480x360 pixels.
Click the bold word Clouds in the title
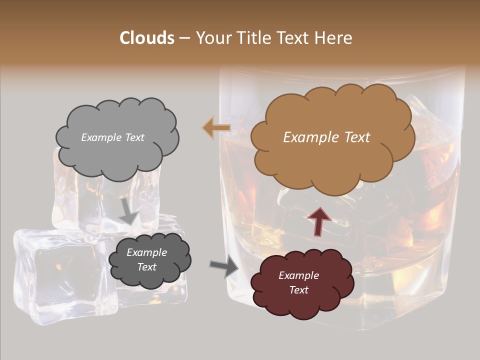146,38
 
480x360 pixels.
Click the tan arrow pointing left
216,128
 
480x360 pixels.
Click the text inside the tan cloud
326,137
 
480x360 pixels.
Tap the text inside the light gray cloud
112,137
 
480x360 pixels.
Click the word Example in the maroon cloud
298,275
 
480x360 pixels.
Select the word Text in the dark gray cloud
147,267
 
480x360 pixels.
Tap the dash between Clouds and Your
184,38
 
